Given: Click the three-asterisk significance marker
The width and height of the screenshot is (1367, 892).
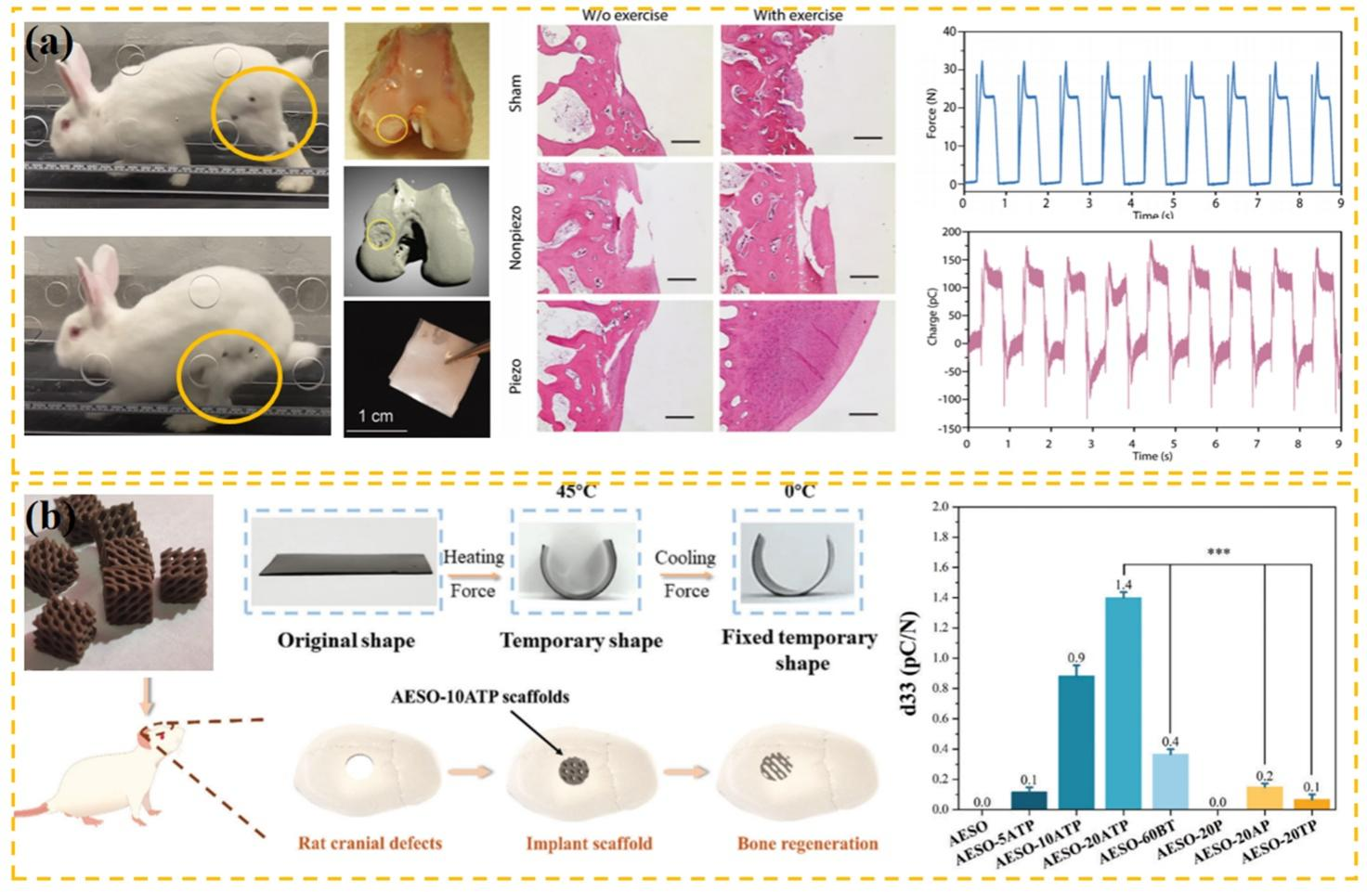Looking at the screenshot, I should pos(1217,553).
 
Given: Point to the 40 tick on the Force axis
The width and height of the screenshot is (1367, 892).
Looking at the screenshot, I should pos(948,32).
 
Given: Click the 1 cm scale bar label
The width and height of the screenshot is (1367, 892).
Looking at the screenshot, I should pos(376,417).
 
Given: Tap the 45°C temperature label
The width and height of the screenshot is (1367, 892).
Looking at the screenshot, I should pos(576,491).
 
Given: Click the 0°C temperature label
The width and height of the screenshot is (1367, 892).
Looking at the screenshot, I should pos(800,491).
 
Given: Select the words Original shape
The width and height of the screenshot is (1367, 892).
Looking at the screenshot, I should pos(345,640).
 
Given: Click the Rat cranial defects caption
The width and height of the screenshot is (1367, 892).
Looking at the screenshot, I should pos(370,844).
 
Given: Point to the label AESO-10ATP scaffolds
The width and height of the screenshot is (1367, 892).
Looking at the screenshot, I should pos(480,696).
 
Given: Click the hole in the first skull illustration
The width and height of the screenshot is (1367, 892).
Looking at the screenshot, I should pos(357,767).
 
